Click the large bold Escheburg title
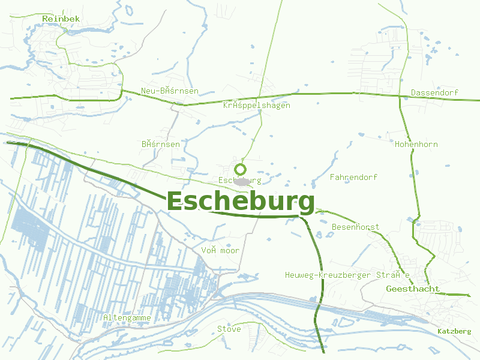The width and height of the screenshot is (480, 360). click(x=240, y=202)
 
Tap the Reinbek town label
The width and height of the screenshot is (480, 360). click(x=61, y=19)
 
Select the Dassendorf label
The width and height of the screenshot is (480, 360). click(x=434, y=93)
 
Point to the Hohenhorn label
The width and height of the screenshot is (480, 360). click(x=416, y=145)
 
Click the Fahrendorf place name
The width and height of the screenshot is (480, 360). click(x=353, y=178)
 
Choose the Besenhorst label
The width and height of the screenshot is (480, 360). click(x=355, y=227)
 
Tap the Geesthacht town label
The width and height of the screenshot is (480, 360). click(x=413, y=289)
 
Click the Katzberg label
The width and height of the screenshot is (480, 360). click(x=454, y=331)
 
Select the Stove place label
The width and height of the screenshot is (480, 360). click(x=229, y=329)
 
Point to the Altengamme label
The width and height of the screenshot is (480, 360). click(x=127, y=317)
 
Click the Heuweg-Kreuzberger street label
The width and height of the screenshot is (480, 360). click(x=347, y=275)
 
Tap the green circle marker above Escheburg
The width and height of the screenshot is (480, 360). click(x=241, y=169)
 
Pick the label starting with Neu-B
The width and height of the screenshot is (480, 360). click(x=170, y=91)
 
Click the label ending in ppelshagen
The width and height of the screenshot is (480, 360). click(x=256, y=106)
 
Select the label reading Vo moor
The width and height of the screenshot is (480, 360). click(x=220, y=250)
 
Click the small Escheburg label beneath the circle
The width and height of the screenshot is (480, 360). click(x=240, y=181)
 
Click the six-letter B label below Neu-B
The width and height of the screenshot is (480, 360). click(x=161, y=145)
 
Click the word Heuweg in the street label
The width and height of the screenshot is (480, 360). click(x=298, y=275)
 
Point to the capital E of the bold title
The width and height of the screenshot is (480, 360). click(x=175, y=202)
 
